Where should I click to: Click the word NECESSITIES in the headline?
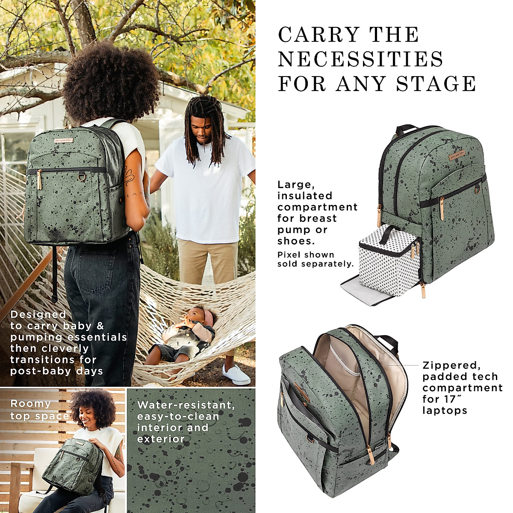360,59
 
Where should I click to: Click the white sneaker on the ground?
236,374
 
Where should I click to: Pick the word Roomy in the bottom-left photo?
30,404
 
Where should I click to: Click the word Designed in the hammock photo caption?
38,315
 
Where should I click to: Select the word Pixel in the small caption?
289,255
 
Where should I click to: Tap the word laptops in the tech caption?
445,410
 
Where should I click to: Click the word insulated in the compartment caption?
304,196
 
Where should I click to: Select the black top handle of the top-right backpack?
407,129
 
